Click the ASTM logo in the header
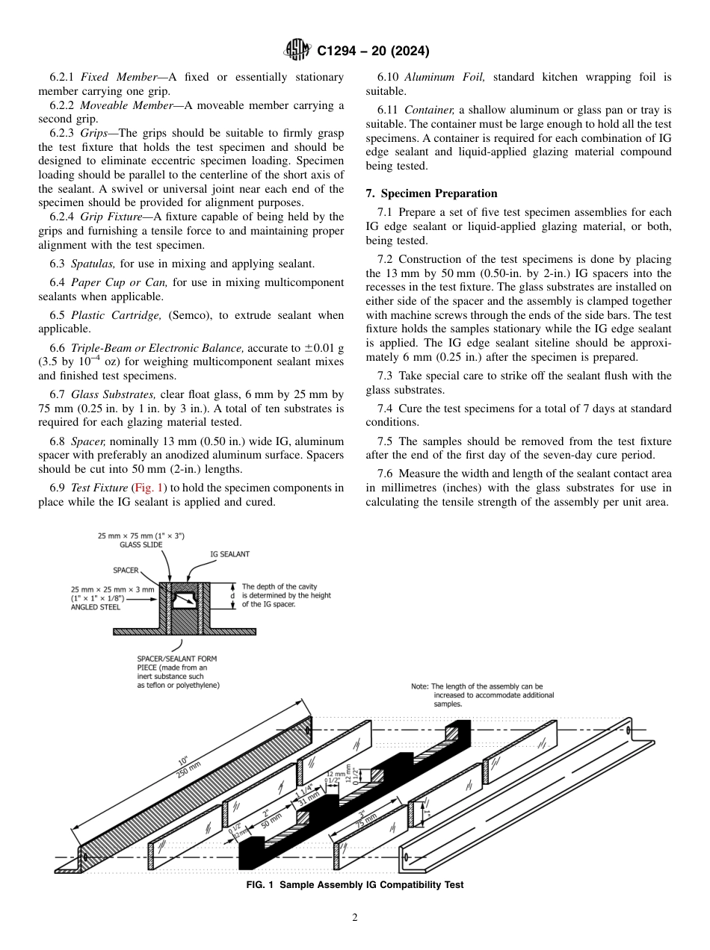click(298, 51)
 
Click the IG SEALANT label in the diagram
click(229, 554)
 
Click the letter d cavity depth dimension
click(232, 595)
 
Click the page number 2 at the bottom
click(355, 918)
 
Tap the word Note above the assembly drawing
click(420, 686)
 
